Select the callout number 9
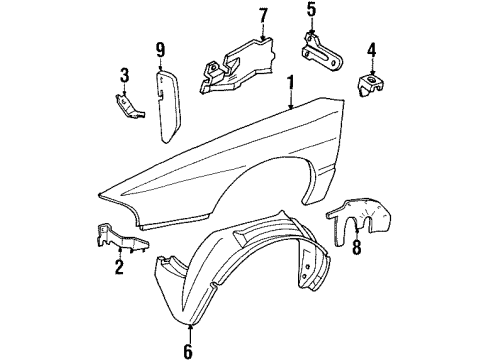160,48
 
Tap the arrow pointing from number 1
289,100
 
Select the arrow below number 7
263,32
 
